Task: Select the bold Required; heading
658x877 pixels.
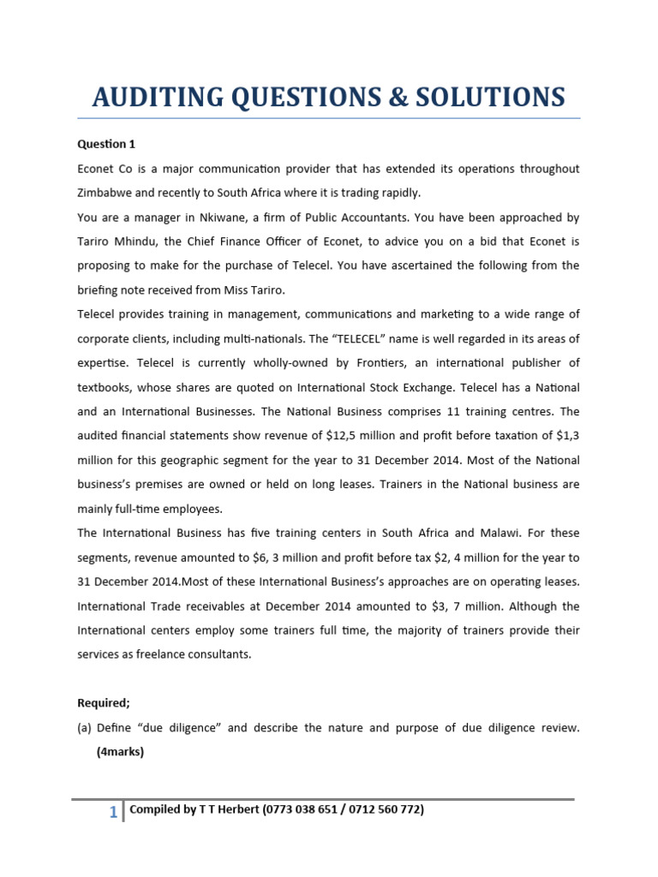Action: (104, 703)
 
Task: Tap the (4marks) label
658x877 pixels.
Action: (120, 752)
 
